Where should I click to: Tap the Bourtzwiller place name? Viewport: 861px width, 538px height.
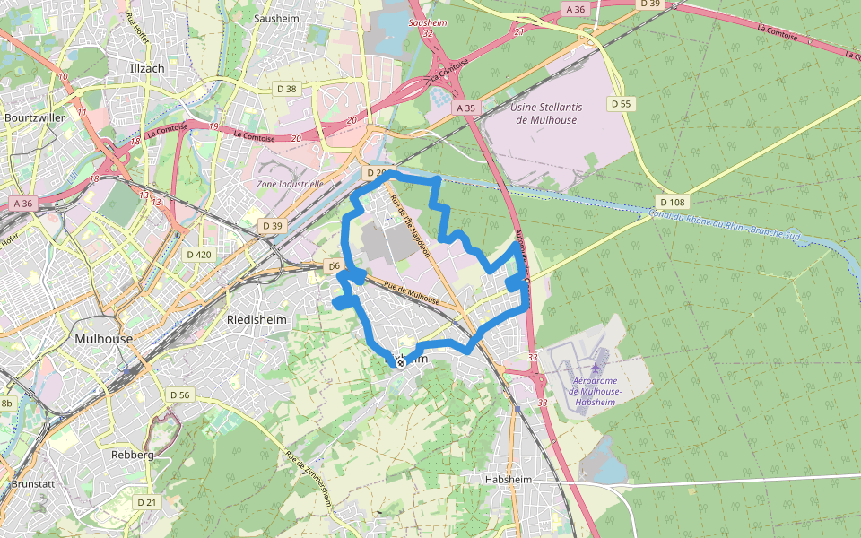tap(34, 117)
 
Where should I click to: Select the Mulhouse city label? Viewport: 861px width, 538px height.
tap(104, 339)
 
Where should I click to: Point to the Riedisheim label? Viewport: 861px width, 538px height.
tap(255, 319)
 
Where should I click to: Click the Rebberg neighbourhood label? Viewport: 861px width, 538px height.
tap(132, 455)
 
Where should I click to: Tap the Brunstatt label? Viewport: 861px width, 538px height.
tap(34, 483)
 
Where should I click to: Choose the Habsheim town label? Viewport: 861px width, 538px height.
tap(509, 481)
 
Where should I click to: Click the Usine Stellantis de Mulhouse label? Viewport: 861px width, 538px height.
tap(546, 113)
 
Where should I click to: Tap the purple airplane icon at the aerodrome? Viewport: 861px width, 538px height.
tap(596, 367)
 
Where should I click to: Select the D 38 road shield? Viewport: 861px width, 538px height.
tap(286, 89)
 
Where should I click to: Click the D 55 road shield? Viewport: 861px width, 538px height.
tap(622, 104)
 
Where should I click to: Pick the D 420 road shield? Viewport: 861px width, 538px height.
tap(199, 255)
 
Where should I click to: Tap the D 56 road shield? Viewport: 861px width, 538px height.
tap(180, 395)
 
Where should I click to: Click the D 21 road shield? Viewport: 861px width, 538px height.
tap(146, 502)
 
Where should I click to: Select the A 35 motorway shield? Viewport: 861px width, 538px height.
tap(465, 108)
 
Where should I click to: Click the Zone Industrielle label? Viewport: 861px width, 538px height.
tap(290, 184)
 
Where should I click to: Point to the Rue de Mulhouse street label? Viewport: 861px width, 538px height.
tap(412, 294)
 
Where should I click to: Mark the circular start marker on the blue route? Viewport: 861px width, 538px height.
tap(401, 362)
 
